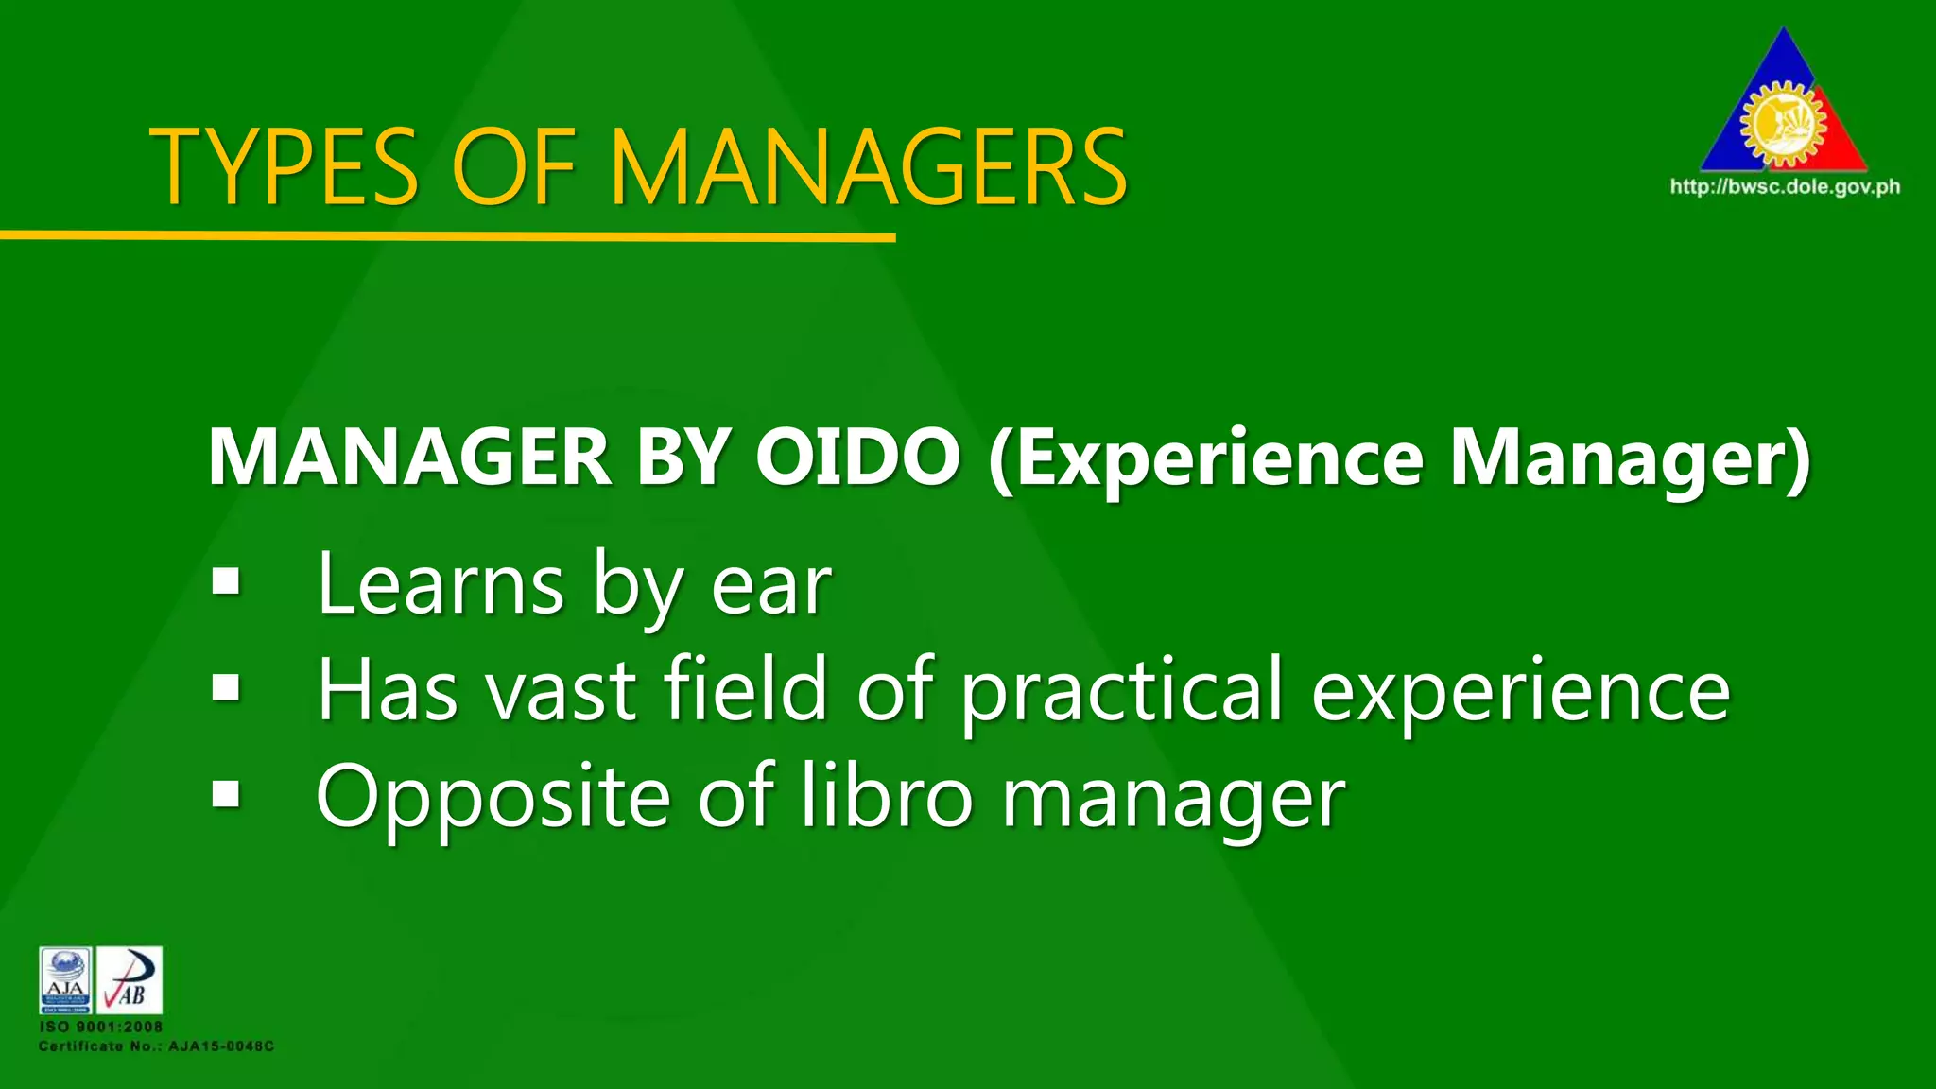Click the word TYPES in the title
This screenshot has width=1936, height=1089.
[x=284, y=167]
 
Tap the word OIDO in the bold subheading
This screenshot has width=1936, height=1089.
[x=857, y=458]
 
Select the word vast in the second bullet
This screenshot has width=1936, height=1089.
[x=560, y=690]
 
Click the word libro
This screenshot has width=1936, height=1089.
[x=887, y=795]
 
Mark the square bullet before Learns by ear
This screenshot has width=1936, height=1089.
[x=227, y=582]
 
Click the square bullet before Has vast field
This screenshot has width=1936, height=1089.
[x=227, y=688]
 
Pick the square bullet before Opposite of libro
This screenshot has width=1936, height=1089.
[x=227, y=795]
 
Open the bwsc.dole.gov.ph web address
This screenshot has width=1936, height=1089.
[x=1785, y=186]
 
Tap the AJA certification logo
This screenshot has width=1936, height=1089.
[x=66, y=980]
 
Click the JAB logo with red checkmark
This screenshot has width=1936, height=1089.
[x=130, y=980]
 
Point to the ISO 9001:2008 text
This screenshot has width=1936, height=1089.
[x=100, y=1027]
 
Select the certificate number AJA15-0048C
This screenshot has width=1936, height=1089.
[x=221, y=1046]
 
